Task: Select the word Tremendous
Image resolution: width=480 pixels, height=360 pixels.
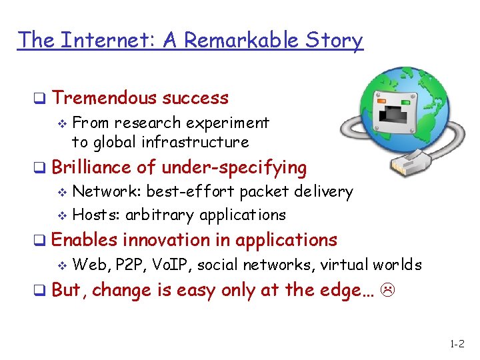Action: (106, 98)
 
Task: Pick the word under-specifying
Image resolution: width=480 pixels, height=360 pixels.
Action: (234, 168)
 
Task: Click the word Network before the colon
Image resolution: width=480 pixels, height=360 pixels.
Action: (106, 192)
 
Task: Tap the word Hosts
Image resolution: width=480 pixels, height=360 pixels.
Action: (97, 215)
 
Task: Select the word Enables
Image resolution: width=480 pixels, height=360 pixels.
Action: (83, 239)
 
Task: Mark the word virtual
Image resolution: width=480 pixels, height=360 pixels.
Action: (345, 265)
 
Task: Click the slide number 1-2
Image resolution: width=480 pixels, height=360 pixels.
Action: (457, 345)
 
